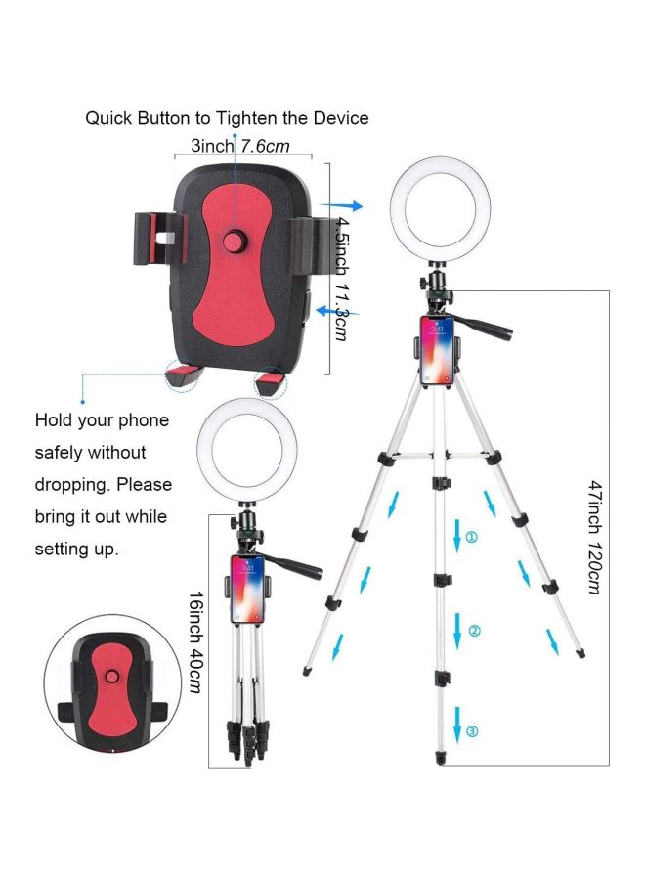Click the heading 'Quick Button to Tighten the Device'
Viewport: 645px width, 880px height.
[x=227, y=118]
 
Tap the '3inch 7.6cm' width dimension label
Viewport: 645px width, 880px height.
[x=239, y=146]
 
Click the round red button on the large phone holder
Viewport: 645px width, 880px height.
[x=235, y=241]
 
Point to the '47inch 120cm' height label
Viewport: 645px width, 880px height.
[x=594, y=537]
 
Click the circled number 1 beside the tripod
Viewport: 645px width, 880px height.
[x=472, y=537]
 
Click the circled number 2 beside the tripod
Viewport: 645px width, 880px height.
[x=474, y=631]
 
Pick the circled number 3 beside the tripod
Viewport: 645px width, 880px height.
[x=473, y=730]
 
